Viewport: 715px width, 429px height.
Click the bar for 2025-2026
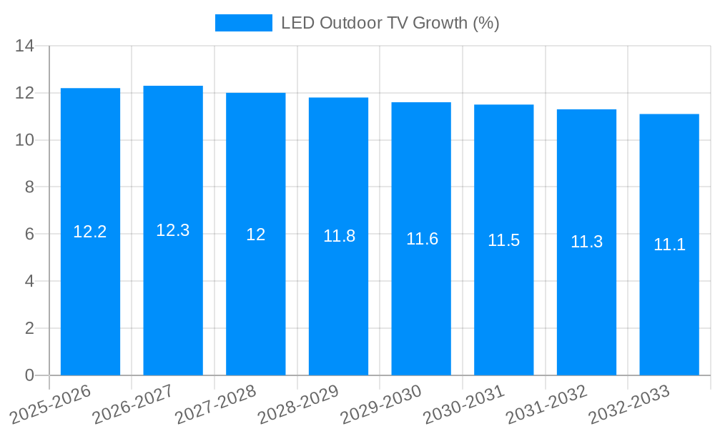pos(90,300)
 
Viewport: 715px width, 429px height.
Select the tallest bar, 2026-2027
pos(173,300)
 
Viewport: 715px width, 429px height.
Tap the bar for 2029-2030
pos(421,307)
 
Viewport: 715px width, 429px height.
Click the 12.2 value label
pos(90,232)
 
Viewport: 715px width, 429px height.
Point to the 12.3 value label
pos(173,230)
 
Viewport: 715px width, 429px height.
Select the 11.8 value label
pos(339,236)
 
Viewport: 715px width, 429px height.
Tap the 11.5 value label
pos(504,240)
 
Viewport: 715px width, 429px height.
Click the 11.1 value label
pos(669,245)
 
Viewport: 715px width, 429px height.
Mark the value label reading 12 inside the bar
pos(256,235)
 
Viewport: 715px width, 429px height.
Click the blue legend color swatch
pos(244,23)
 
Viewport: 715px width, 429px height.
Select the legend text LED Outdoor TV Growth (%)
pos(390,23)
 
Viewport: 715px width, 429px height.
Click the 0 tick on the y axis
pos(29,375)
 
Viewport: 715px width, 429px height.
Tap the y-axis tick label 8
pos(29,187)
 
